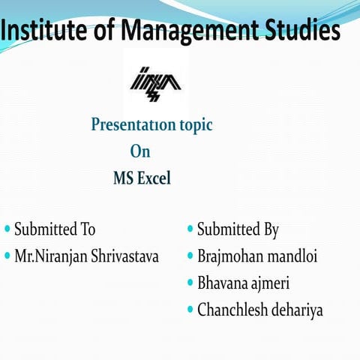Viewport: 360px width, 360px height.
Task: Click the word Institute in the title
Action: coord(52,31)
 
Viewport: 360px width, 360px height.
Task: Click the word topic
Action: coord(191,125)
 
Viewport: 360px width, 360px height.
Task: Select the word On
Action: coord(140,151)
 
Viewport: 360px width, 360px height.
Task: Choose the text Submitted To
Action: coord(55,229)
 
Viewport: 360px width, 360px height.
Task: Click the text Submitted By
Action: coord(238,229)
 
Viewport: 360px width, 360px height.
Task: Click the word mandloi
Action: coord(293,256)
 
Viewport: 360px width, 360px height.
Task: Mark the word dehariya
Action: coord(299,310)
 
